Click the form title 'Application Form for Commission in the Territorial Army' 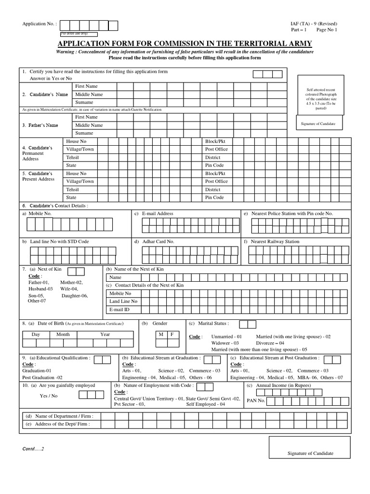point(185,43)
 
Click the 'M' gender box point(160,334)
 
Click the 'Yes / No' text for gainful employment point(48,396)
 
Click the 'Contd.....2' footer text point(33,449)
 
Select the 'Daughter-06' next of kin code point(75,295)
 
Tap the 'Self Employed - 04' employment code point(206,404)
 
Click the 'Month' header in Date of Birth point(63,334)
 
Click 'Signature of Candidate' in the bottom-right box point(310,453)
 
